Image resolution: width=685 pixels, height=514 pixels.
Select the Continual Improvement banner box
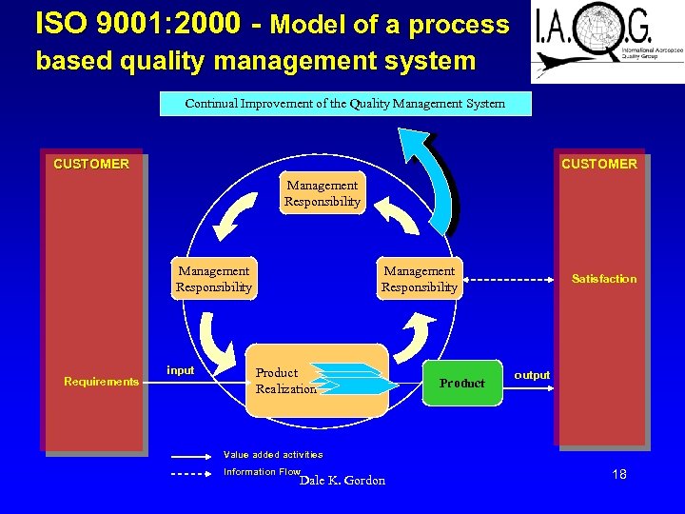pos(345,103)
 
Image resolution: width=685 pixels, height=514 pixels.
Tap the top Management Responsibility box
pos(323,193)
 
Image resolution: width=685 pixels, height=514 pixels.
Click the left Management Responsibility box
pos(214,279)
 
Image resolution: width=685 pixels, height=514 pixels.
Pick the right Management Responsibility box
pos(420,279)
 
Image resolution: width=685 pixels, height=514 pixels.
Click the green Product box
pos(462,383)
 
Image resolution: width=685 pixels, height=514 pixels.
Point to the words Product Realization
pos(284,381)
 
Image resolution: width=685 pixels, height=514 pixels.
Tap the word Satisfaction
pos(604,279)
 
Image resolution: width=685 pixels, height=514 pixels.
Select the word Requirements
pos(101,382)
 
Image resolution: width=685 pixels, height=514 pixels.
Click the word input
pos(181,370)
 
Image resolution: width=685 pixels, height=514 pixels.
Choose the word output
pos(532,375)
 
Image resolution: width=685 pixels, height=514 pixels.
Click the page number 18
pos(619,474)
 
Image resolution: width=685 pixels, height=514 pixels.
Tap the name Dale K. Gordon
pos(342,481)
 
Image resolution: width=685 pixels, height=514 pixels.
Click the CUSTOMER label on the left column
pos(91,164)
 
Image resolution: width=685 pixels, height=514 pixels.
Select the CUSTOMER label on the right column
pos(599,164)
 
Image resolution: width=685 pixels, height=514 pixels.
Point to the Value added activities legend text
pos(273,455)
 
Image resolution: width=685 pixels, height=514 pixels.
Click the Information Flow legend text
pos(262,472)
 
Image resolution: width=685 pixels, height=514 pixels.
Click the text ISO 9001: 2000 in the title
pos(138,24)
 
